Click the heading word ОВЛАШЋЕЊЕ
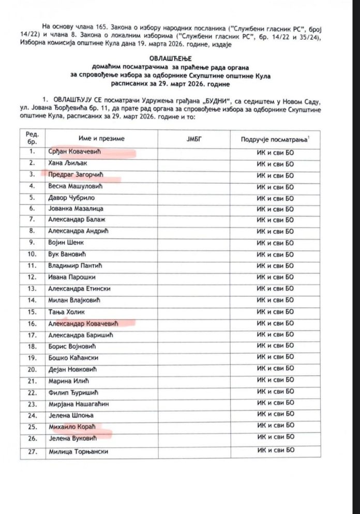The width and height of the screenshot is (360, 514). [179, 60]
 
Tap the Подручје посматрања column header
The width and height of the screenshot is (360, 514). [275, 139]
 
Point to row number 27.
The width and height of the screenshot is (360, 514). [33, 450]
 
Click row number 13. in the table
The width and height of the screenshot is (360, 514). [33, 289]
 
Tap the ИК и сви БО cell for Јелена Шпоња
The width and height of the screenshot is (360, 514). [275, 414]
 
